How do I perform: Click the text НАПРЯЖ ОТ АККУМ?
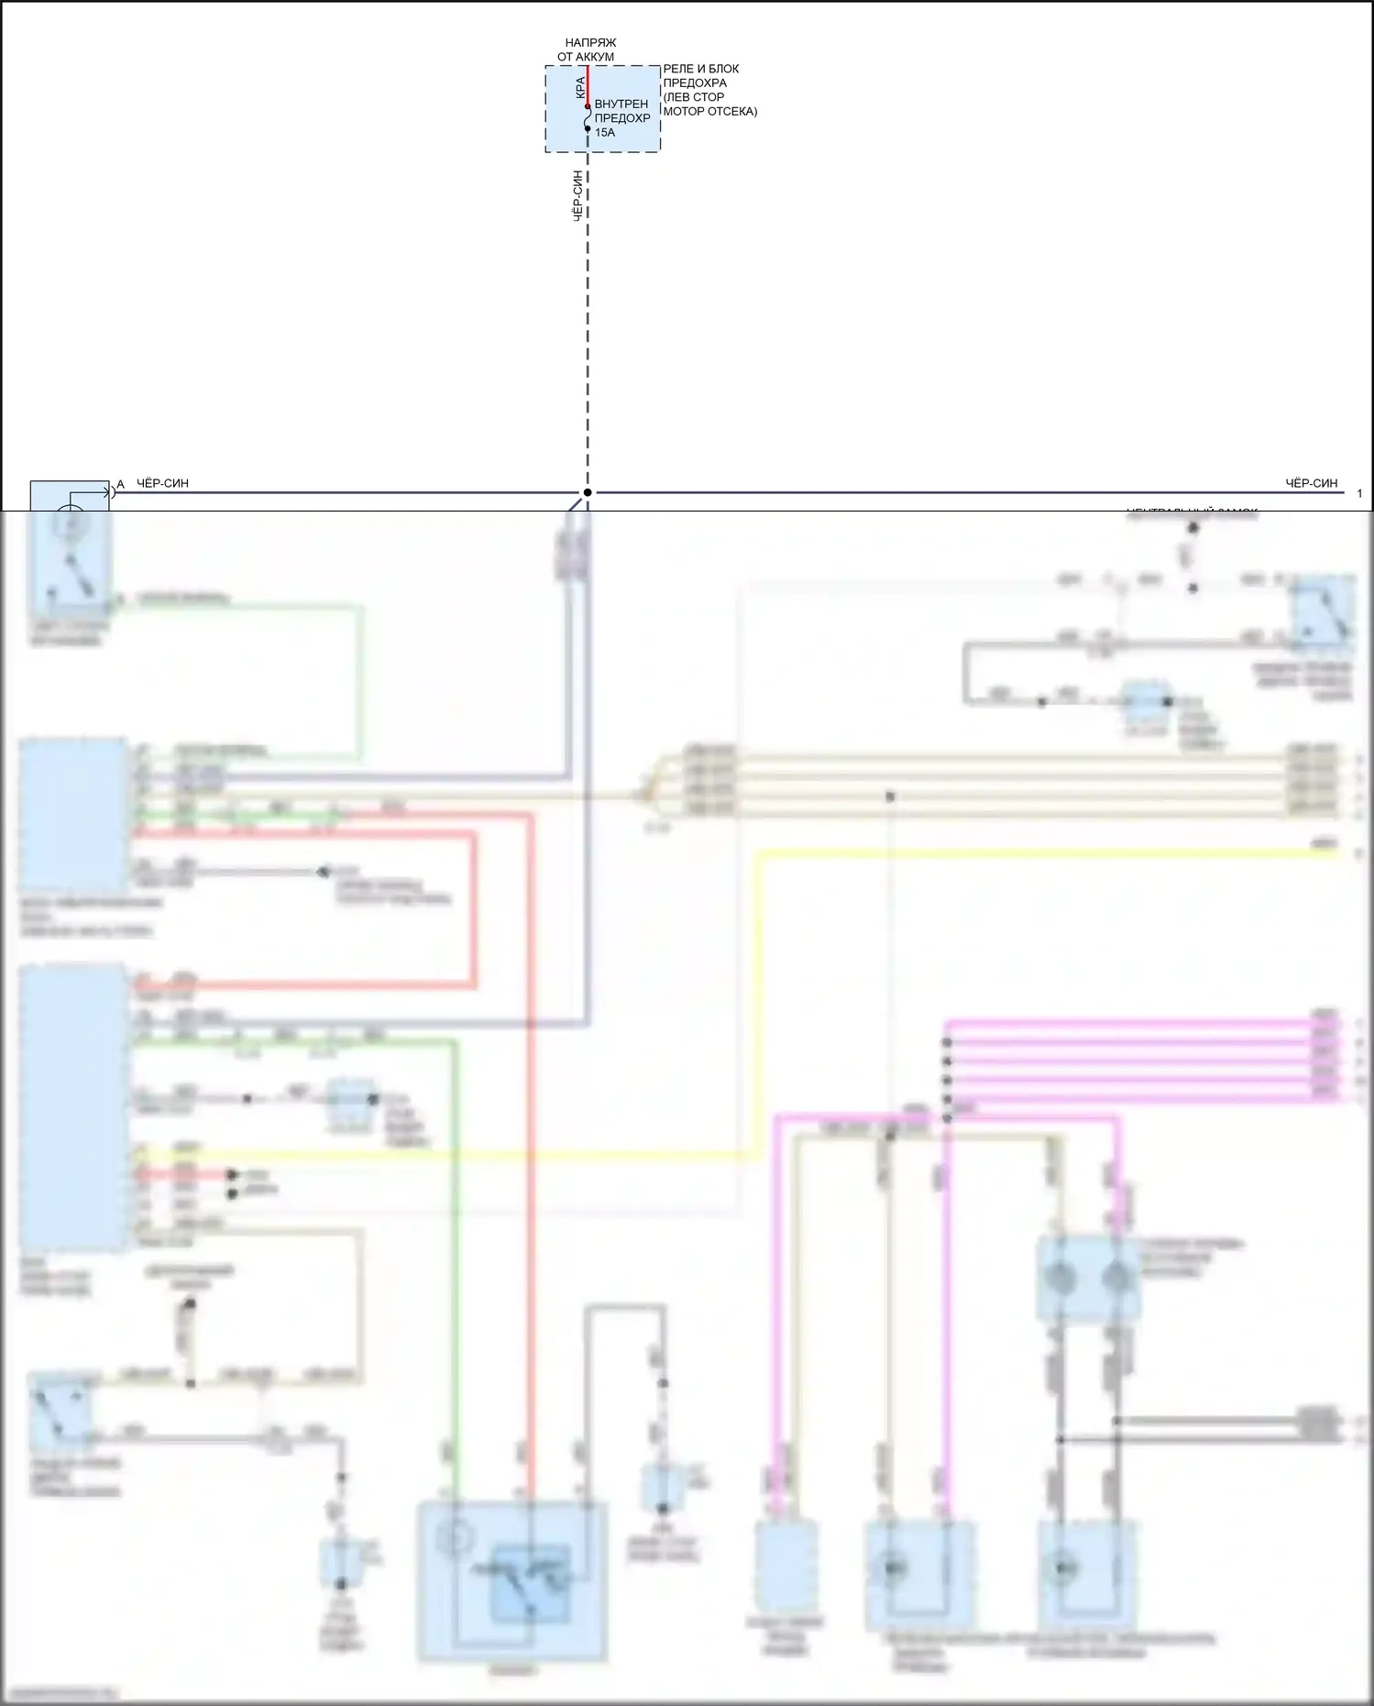588,50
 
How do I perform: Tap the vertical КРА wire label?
580,87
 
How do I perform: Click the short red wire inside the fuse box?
588,84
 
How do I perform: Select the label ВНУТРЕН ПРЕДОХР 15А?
621,118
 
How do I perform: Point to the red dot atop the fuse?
588,106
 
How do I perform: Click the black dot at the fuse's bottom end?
588,129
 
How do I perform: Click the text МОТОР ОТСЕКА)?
709,111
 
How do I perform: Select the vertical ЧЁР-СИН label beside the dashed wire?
578,196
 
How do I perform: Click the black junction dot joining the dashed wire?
588,492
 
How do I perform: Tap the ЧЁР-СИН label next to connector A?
162,483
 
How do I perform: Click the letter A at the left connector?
120,484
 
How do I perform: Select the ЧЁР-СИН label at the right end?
1311,483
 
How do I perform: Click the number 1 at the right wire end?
1359,493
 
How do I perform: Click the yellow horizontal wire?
1008,854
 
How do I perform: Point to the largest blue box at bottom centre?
512,1580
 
